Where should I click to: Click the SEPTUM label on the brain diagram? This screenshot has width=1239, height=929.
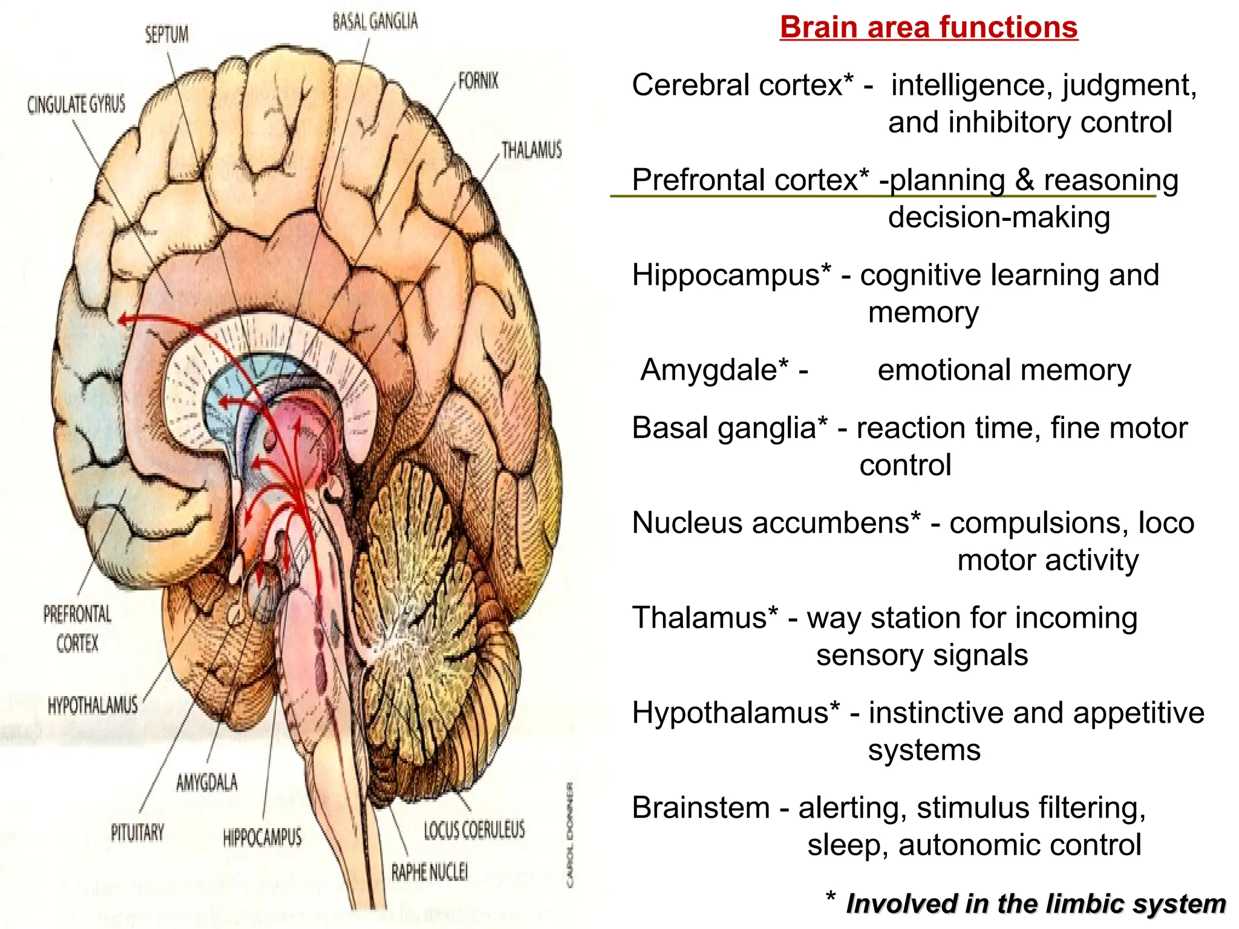tap(166, 34)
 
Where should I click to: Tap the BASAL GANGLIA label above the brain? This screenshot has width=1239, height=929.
tap(375, 22)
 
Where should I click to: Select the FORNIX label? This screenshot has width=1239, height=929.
tap(478, 81)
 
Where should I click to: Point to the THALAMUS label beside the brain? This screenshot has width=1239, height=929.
tap(531, 150)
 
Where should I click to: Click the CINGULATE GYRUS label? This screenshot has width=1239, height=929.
tap(76, 105)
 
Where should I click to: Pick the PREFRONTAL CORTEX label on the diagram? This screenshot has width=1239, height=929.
tap(77, 629)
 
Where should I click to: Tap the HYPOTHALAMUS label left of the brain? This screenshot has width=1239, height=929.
tap(93, 705)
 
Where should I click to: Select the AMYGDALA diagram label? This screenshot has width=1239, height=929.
tap(207, 783)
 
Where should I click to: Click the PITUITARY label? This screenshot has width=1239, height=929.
tap(137, 833)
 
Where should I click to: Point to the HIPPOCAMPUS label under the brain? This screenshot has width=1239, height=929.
tap(262, 838)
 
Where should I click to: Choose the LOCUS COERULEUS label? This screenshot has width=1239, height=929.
tap(474, 830)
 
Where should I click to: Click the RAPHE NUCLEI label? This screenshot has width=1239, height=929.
tap(429, 872)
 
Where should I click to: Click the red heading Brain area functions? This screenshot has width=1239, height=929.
tap(929, 28)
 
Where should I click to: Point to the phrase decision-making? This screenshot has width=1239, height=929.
tap(999, 217)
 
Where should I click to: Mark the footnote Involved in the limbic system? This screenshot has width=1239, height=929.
tap(1035, 904)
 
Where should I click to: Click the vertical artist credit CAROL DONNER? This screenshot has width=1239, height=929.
tap(569, 835)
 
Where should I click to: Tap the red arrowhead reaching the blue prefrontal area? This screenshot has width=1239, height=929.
tap(123, 319)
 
